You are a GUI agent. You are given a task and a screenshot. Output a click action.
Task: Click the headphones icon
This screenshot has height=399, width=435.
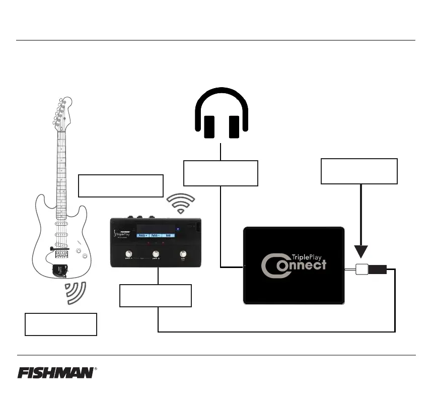pyautogui.click(x=221, y=113)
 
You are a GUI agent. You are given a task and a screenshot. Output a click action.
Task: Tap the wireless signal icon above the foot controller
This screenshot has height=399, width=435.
pyautogui.click(x=180, y=203)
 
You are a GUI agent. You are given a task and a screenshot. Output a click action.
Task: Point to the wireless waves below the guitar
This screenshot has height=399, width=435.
pyautogui.click(x=76, y=294)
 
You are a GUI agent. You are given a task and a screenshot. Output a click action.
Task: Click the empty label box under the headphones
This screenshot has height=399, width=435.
pyautogui.click(x=221, y=173)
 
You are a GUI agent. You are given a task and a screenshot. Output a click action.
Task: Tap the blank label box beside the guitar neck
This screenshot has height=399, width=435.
pyautogui.click(x=121, y=186)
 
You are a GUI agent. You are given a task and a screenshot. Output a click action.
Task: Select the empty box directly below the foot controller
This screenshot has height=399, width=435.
pyautogui.click(x=156, y=295)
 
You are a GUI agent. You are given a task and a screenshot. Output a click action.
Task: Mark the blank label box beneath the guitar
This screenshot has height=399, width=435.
pyautogui.click(x=60, y=324)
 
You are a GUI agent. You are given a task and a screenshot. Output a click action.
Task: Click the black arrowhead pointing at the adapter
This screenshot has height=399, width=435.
pyautogui.click(x=361, y=251)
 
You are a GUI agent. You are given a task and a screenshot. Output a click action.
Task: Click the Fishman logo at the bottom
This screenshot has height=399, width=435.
pyautogui.click(x=55, y=373)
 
